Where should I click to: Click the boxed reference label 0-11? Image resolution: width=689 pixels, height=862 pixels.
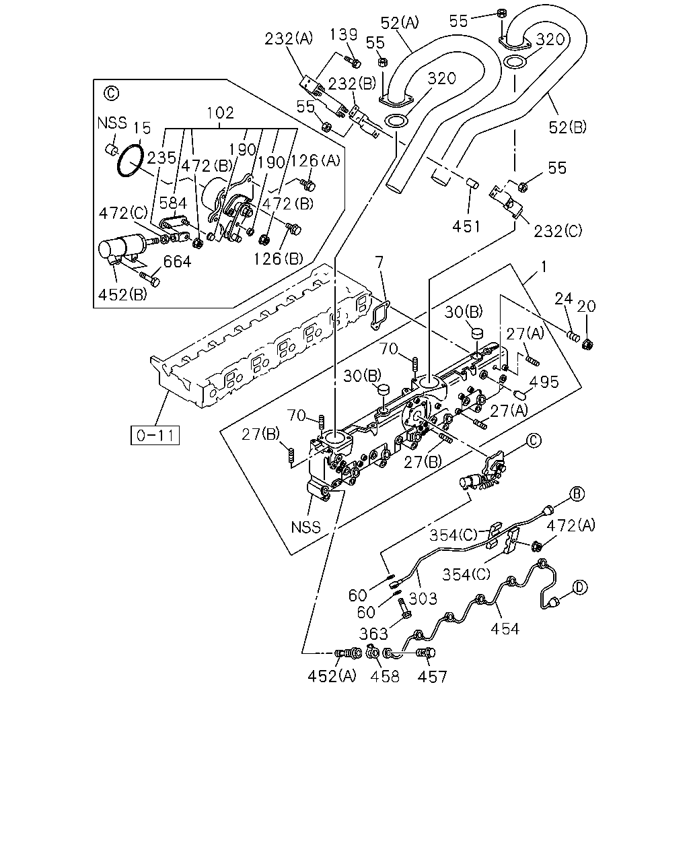pyautogui.click(x=155, y=436)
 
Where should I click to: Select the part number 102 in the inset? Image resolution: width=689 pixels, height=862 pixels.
pyautogui.click(x=220, y=113)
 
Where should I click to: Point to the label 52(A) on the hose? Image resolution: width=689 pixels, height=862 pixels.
pyautogui.click(x=399, y=23)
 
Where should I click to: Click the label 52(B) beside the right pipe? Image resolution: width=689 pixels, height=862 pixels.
pyautogui.click(x=567, y=127)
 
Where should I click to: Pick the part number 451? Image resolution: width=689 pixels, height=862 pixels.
pyautogui.click(x=466, y=227)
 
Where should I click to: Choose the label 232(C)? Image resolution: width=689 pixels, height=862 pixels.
pyautogui.click(x=558, y=231)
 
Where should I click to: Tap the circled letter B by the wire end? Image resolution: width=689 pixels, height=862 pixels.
pyautogui.click(x=577, y=494)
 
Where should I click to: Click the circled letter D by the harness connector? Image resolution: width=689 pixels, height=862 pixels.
pyautogui.click(x=580, y=588)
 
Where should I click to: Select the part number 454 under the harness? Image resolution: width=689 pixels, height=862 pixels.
pyautogui.click(x=505, y=628)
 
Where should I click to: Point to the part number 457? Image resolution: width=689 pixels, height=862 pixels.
pyautogui.click(x=432, y=677)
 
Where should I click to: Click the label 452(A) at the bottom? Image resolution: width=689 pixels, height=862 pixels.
pyautogui.click(x=332, y=677)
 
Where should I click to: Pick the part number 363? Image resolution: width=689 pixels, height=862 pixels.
pyautogui.click(x=373, y=634)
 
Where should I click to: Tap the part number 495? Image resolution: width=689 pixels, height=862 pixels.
pyautogui.click(x=544, y=382)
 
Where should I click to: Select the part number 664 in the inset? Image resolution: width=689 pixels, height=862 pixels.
pyautogui.click(x=177, y=261)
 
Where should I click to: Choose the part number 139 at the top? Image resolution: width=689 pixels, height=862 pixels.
pyautogui.click(x=344, y=35)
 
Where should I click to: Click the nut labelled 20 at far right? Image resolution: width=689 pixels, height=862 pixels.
pyautogui.click(x=587, y=344)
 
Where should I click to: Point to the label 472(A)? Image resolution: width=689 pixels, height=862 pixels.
pyautogui.click(x=571, y=525)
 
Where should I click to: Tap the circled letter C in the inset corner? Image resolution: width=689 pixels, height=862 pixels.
pyautogui.click(x=111, y=94)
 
